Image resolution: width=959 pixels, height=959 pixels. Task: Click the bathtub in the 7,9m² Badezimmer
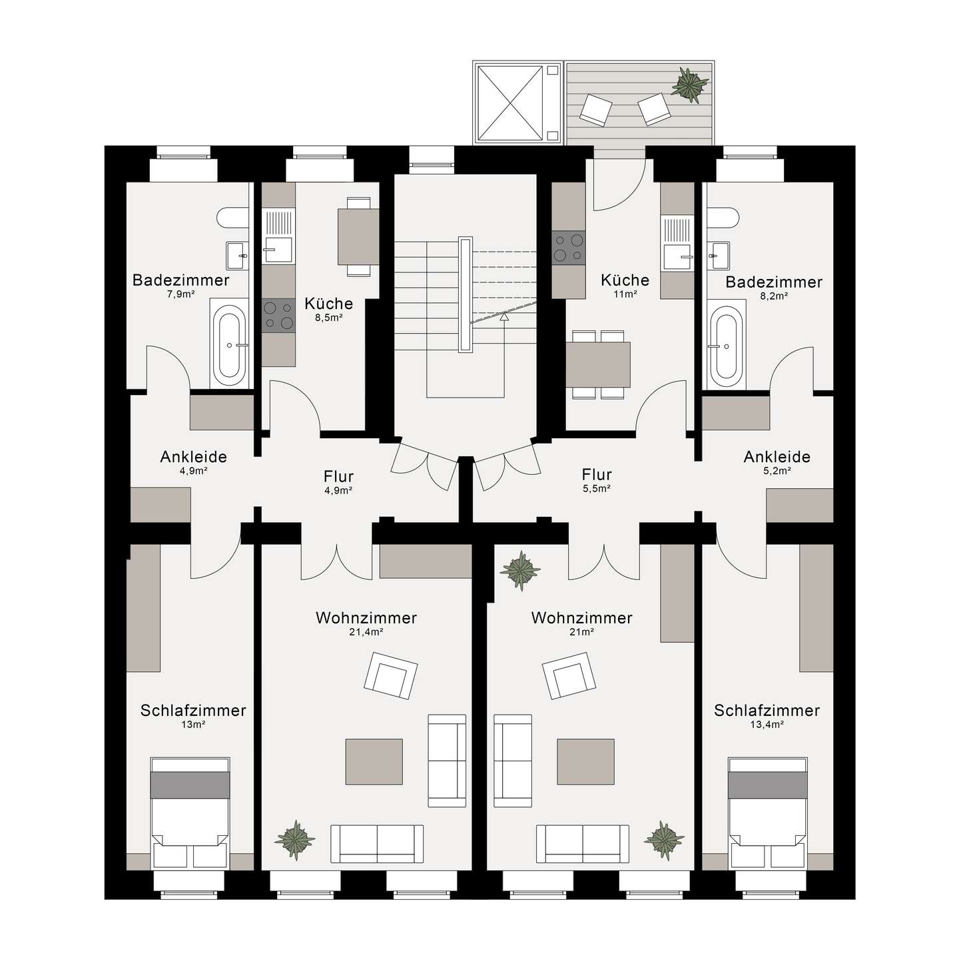coord(229,343)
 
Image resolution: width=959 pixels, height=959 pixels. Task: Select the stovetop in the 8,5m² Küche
coord(278,316)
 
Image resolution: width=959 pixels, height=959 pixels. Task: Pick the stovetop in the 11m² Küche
coord(568,247)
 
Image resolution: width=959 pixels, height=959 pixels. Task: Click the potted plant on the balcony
coord(690,85)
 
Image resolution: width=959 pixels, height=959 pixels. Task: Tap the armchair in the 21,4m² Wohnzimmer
coord(391,675)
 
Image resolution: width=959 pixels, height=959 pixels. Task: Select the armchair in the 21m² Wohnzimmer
coord(568,675)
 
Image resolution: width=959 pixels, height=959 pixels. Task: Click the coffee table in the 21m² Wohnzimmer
coord(585,761)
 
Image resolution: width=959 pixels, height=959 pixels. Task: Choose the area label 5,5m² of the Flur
coord(597,489)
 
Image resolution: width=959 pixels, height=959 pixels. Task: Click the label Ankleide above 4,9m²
coord(194,457)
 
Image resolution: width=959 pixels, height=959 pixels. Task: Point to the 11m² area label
coord(625,294)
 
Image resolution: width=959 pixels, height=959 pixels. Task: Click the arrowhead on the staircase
coord(504,316)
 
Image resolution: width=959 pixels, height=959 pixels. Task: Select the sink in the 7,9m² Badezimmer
coord(237,255)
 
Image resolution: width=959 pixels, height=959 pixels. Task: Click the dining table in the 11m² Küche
coord(598,364)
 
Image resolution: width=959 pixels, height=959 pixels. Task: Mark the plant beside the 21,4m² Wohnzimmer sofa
coord(295,840)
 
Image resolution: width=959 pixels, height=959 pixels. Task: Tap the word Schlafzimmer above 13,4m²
coord(767,711)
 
